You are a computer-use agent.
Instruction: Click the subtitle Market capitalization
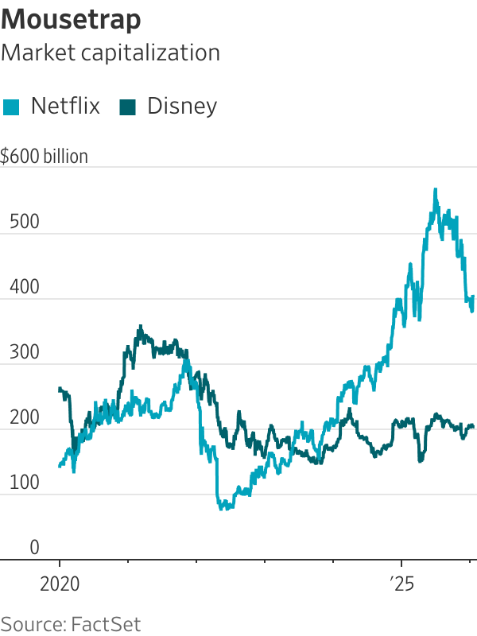click(x=111, y=52)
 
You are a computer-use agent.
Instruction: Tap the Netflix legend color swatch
click(x=12, y=107)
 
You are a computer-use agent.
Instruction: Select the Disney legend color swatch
click(x=128, y=107)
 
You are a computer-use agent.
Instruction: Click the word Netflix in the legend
click(x=65, y=107)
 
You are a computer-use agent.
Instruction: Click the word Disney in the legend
click(x=182, y=107)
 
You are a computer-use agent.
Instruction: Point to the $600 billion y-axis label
click(x=45, y=157)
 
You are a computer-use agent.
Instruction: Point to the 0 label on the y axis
click(x=34, y=548)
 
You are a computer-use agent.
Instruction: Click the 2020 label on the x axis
click(x=60, y=583)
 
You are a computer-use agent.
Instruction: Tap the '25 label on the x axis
click(x=401, y=583)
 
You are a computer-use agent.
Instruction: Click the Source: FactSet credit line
click(x=72, y=622)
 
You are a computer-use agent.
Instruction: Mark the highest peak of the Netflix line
click(x=435, y=189)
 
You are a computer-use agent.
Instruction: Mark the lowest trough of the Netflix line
click(x=223, y=508)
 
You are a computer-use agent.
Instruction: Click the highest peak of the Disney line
click(x=141, y=326)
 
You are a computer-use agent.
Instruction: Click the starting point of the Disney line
click(x=60, y=388)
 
